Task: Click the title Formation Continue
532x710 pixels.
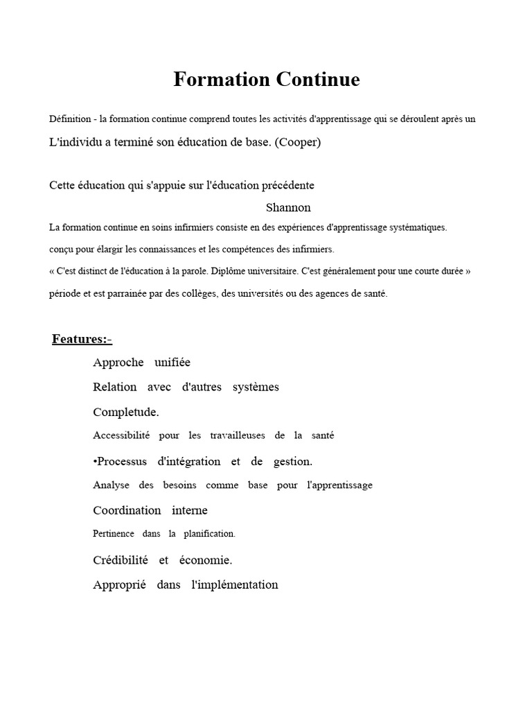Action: coord(266,80)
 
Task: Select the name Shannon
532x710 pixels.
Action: coord(288,207)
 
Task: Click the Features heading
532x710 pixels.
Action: coord(81,339)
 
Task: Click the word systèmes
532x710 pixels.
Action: coord(256,387)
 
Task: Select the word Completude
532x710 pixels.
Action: coord(126,412)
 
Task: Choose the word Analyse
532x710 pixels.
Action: coord(111,485)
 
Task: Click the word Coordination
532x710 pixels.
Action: coord(127,510)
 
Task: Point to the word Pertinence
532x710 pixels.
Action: coord(114,534)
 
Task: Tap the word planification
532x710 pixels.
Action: coord(211,534)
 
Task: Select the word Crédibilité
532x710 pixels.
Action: coord(121,560)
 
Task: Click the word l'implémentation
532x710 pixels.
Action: coord(234,585)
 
